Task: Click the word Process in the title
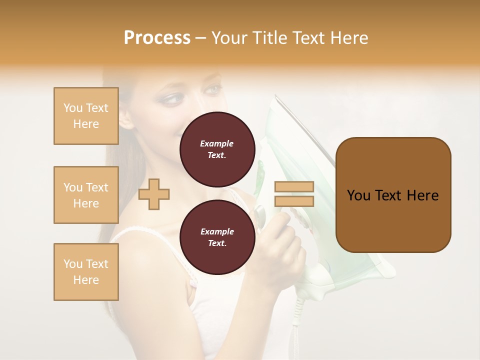click(157, 38)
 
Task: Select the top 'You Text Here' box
click(86, 116)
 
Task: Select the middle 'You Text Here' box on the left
click(86, 195)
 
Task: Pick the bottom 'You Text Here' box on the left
click(86, 272)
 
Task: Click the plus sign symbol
click(154, 194)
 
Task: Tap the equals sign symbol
click(294, 194)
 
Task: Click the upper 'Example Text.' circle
click(217, 149)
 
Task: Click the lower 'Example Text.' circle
click(217, 237)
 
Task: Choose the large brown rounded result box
click(393, 194)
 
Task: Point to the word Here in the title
click(349, 38)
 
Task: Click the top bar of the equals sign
click(294, 186)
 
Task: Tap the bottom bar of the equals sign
click(294, 201)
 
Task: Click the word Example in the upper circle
click(217, 143)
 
